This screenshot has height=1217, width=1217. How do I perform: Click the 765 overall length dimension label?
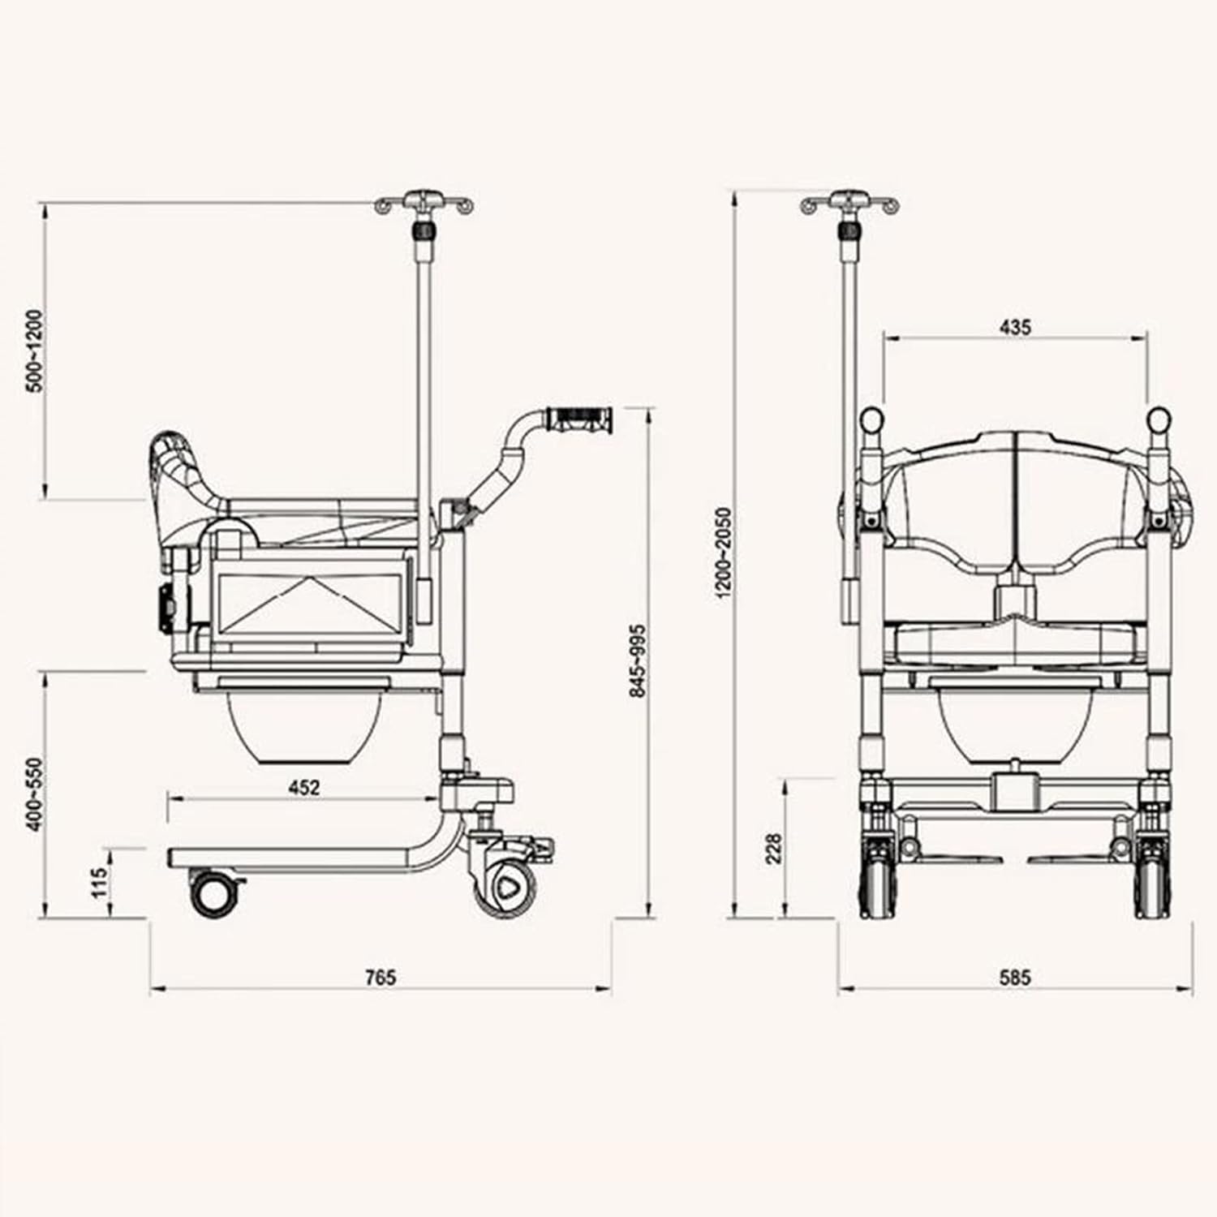tap(380, 977)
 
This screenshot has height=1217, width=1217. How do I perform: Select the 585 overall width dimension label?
tap(1014, 977)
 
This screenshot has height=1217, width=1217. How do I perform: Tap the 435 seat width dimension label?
tap(1015, 327)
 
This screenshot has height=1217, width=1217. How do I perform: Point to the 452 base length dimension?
tap(304, 786)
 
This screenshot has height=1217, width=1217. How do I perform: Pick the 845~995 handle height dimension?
tap(638, 660)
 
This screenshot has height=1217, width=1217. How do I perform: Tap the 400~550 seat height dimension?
tap(34, 794)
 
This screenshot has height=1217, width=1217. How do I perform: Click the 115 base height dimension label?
tap(99, 883)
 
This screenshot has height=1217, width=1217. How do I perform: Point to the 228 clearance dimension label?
tap(774, 849)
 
